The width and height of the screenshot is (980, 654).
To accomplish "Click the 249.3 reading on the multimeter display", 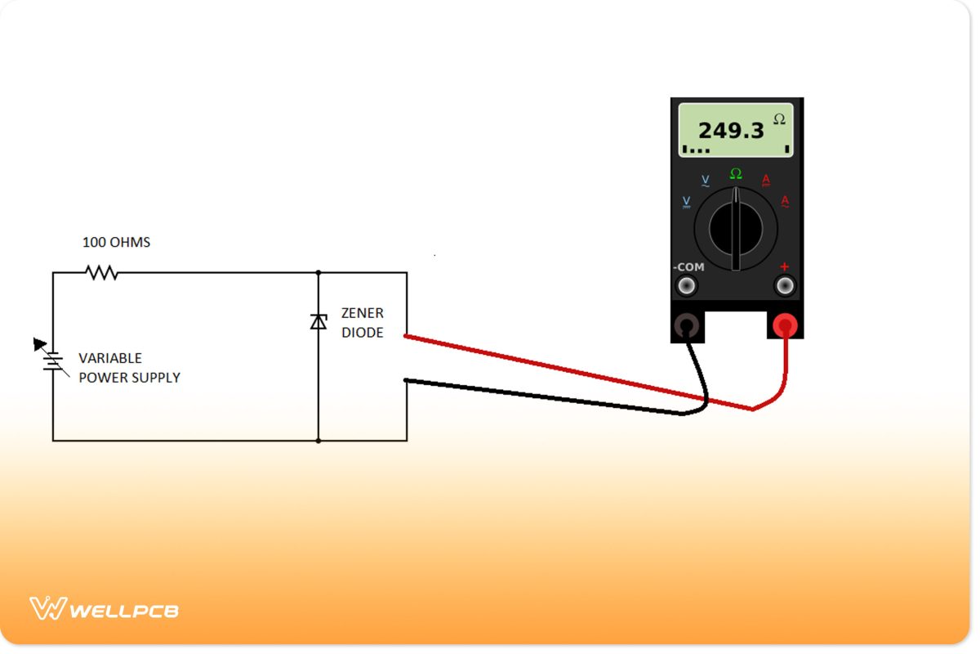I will tap(730, 130).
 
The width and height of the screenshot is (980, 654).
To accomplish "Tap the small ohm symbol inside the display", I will tap(779, 119).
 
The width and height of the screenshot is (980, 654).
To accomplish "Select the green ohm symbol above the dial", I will tap(736, 173).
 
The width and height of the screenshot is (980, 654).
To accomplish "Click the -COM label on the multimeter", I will tap(688, 267).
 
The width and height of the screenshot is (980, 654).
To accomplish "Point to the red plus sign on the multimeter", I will tap(785, 267).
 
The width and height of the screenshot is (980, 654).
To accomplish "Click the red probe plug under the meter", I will tap(785, 327).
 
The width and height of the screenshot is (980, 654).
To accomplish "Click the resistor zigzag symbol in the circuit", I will tap(102, 272).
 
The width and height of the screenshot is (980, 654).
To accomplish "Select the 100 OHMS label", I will tap(116, 243).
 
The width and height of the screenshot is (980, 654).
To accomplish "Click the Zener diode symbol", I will tap(318, 321).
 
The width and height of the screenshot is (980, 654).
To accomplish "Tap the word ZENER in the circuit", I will tap(362, 313).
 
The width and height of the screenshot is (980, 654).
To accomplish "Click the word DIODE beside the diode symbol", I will tap(362, 333).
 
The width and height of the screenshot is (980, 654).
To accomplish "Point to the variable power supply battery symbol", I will tap(52, 360).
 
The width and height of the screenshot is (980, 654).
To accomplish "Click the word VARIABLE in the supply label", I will tap(110, 358).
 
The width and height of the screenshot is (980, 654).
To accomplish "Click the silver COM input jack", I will tap(688, 285).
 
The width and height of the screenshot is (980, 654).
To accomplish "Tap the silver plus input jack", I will tap(785, 285).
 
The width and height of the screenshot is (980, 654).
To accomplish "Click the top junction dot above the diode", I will tap(318, 272).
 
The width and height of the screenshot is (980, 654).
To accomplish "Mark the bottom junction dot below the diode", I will tap(318, 441).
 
